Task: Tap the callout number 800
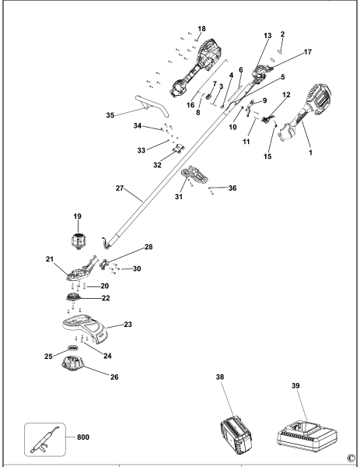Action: (83, 437)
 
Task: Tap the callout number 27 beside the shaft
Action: (120, 188)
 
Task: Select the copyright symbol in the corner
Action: (351, 457)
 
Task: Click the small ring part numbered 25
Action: (72, 348)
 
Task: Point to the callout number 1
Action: (310, 153)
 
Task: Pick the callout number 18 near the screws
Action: (201, 29)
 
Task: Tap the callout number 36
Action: (232, 188)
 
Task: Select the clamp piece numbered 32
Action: (179, 149)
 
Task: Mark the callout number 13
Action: (267, 36)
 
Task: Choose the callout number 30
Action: (137, 269)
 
